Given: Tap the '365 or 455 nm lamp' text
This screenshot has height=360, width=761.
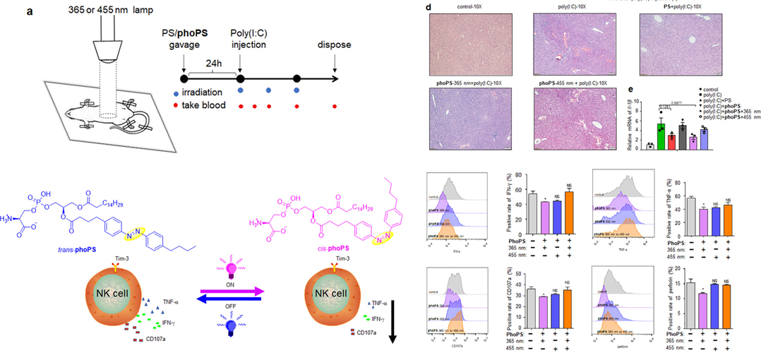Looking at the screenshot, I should [x=73, y=7].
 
